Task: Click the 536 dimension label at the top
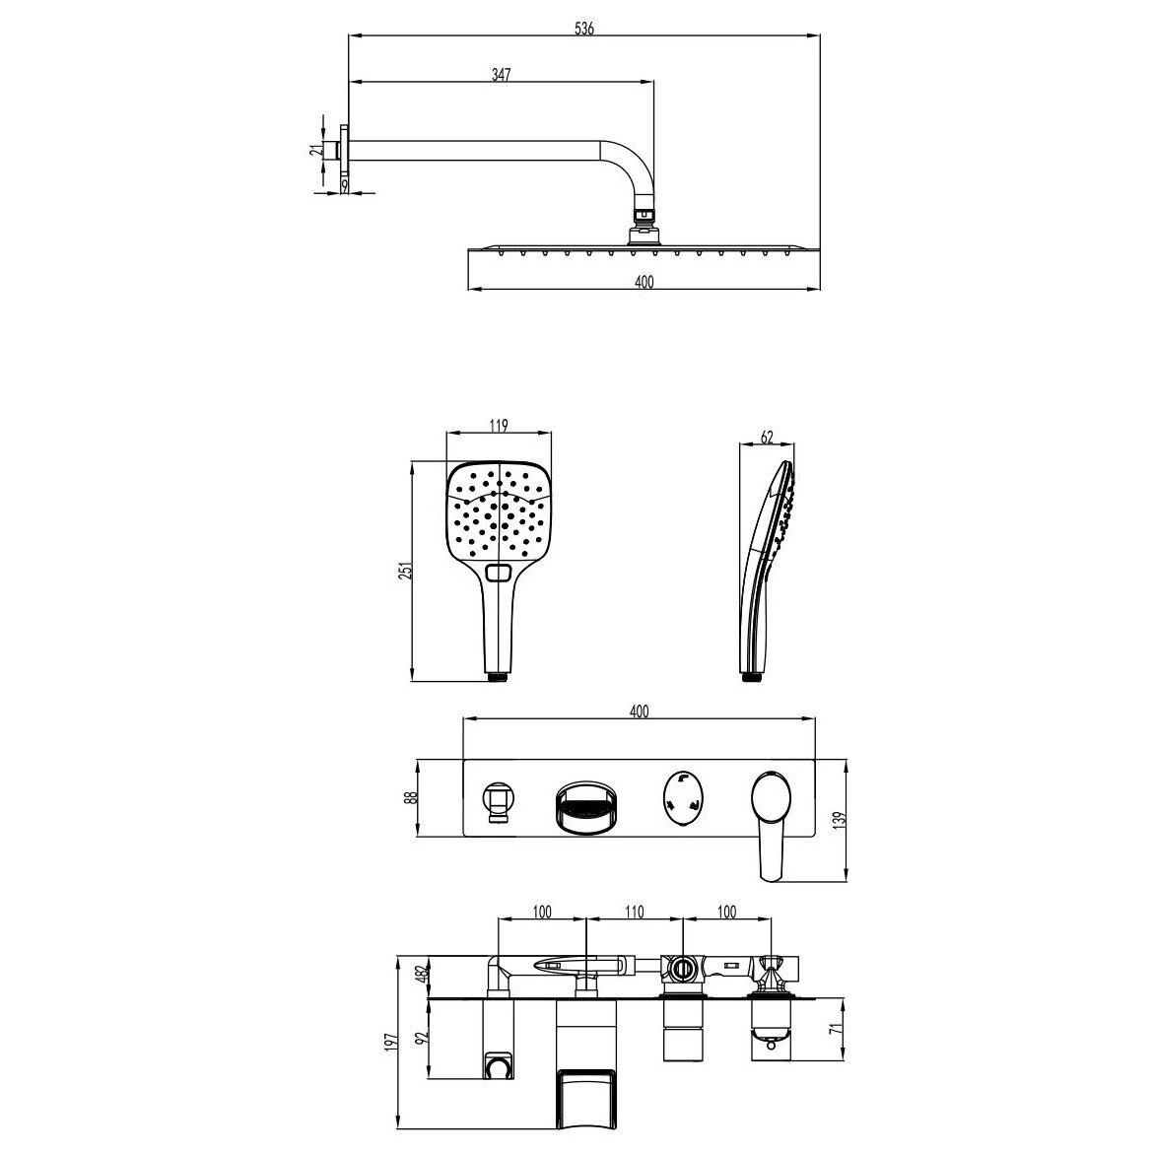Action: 583,29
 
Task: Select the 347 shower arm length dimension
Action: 501,75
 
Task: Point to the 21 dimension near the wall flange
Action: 317,150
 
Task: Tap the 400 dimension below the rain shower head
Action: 644,281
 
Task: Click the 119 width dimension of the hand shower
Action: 499,426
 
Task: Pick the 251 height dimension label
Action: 405,571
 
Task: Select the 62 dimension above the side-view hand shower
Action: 767,438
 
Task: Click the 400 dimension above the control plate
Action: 639,712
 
